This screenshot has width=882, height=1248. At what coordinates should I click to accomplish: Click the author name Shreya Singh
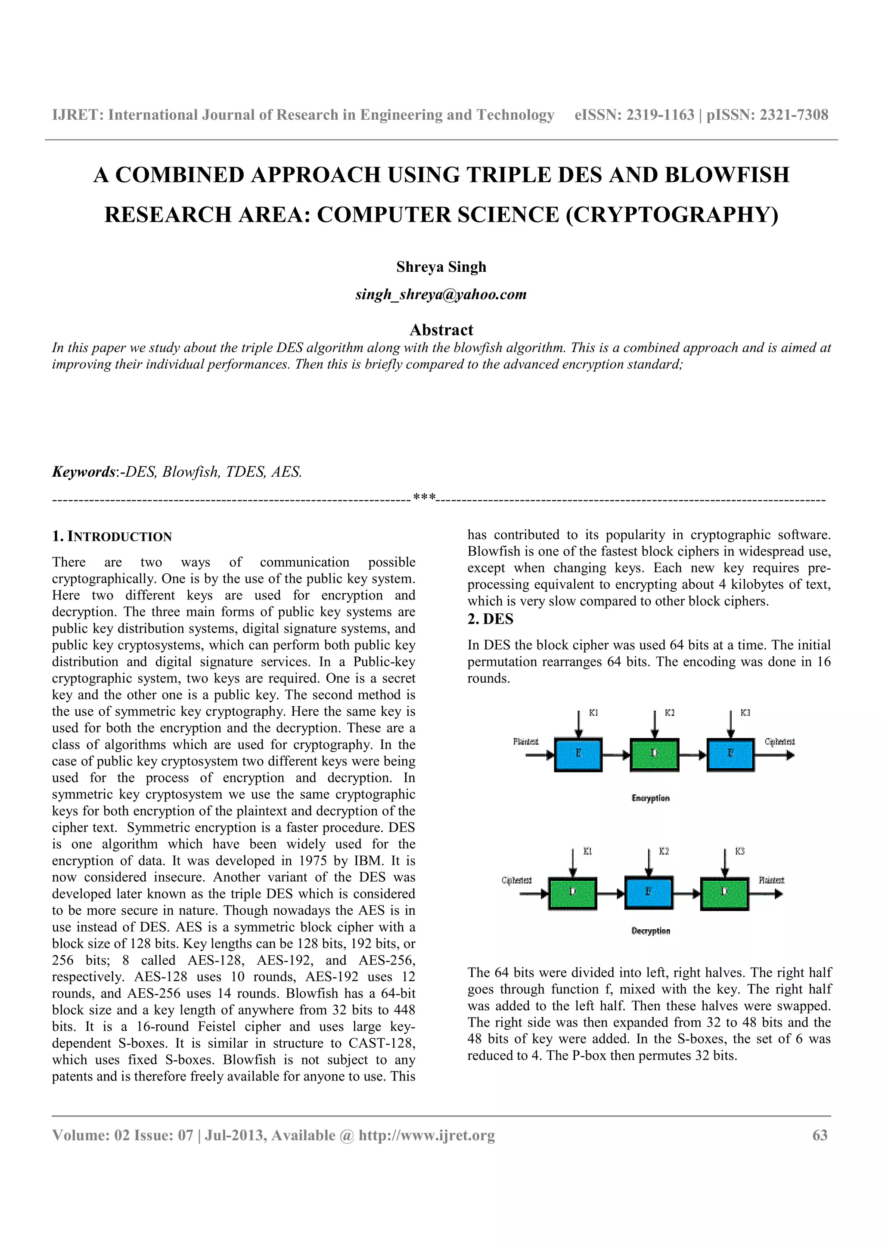tap(441, 267)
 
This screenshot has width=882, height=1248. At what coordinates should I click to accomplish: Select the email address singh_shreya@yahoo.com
tap(441, 295)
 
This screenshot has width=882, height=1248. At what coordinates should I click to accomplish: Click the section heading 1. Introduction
tap(112, 537)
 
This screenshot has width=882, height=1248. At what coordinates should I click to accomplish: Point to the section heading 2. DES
tap(490, 619)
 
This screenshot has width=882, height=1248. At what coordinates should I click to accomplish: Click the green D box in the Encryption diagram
tap(654, 754)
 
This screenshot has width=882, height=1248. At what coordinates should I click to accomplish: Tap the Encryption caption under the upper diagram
tap(650, 798)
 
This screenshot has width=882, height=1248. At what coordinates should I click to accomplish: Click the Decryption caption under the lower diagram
tap(650, 931)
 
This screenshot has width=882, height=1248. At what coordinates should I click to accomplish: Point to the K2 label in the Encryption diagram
tap(670, 713)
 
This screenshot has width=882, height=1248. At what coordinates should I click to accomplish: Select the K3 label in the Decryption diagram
tap(739, 851)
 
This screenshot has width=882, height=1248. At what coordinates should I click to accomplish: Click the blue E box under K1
tap(578, 754)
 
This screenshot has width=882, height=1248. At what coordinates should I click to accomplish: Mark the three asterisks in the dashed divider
tap(424, 498)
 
